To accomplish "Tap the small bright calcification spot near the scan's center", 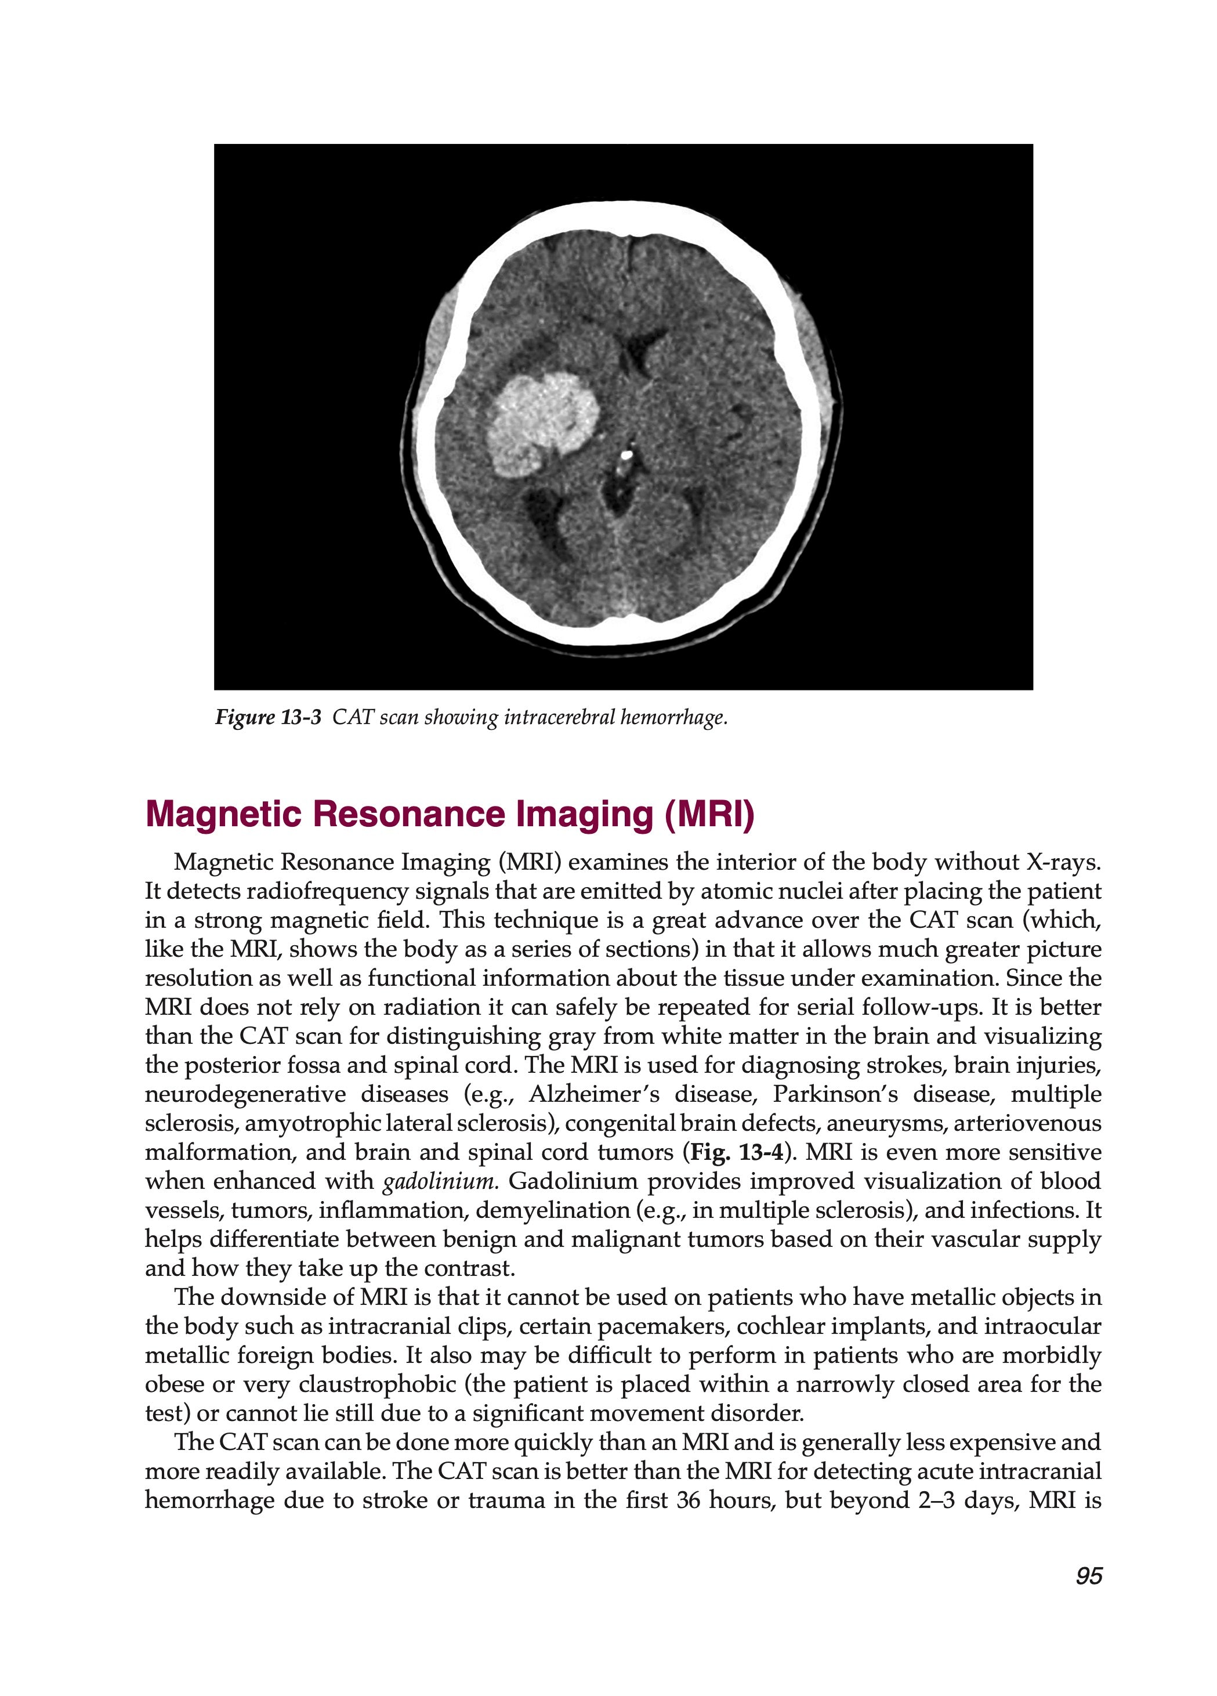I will (626, 453).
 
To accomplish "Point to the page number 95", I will (1088, 1576).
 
